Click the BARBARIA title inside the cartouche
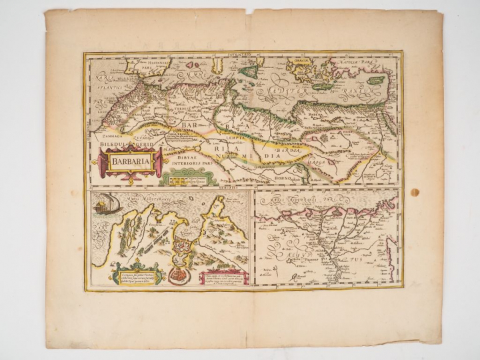point(125,160)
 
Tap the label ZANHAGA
point(102,133)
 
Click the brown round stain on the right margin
point(414,193)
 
